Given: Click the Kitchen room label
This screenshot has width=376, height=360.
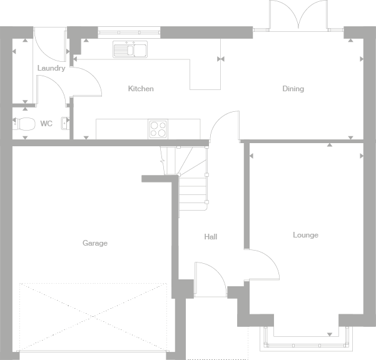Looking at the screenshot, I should pos(141,89).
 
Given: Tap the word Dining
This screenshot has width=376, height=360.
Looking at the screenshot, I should pos(293,89).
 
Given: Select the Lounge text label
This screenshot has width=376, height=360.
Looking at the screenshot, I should pos(305,235).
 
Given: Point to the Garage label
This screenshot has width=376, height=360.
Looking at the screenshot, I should pos(95,243).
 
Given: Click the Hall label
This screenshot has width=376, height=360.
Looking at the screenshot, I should pos(211,237).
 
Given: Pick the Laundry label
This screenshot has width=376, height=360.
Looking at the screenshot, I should pos(51,68).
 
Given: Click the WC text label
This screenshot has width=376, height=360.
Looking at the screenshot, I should pos(46,124).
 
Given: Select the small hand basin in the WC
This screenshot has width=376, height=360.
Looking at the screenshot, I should pos(64,123).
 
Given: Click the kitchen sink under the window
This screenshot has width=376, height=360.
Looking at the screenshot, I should pos(130,49).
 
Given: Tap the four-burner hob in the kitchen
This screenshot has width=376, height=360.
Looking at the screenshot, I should pos(158,129).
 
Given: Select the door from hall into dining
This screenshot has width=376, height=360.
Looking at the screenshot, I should pos(224,125).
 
